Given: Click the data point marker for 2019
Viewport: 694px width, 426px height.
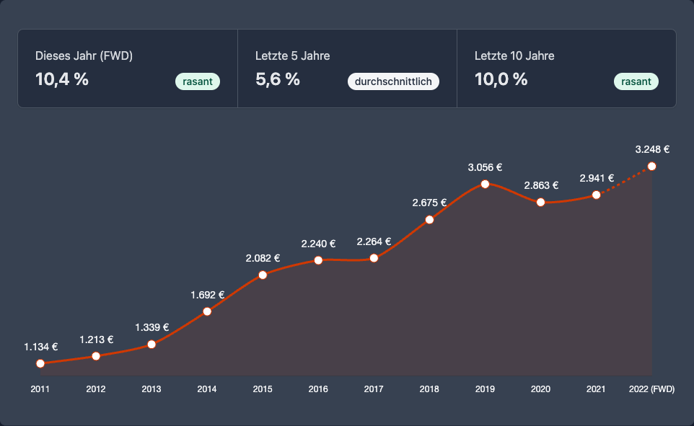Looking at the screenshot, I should pos(485,184).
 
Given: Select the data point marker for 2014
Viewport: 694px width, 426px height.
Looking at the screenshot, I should pos(207,311).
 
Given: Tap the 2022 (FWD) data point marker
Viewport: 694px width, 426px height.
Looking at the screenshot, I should pos(652,167).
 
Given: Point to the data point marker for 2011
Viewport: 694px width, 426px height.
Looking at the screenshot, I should pos(40,363).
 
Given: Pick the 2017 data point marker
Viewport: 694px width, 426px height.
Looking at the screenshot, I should pos(374,258).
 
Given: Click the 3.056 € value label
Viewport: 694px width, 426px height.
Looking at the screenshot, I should pos(485,167).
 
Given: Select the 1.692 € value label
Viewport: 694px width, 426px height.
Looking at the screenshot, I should pos(207,295).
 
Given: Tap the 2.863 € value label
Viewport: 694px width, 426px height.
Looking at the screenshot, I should pos(540,185).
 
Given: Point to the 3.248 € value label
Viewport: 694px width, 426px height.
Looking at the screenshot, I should pos(652,150).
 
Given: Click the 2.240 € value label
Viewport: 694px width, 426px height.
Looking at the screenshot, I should pos(318,244).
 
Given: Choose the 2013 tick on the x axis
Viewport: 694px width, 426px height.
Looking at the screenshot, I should pos(151,389).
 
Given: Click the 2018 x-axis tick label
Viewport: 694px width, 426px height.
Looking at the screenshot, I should pos(429,389).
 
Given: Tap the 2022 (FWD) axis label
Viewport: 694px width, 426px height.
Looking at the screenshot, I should pos(651,389).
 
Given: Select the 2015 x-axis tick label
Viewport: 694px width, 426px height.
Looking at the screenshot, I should pos(263,389).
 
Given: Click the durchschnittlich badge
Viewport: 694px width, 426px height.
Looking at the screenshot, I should pos(393,81).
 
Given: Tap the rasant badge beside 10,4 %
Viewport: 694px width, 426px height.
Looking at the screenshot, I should pos(198,81).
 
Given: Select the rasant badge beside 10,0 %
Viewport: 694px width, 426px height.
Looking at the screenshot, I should pos(636,81).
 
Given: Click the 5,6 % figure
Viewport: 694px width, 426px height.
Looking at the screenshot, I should pos(278,79).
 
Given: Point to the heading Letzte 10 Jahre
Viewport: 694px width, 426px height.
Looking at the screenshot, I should pos(514,56).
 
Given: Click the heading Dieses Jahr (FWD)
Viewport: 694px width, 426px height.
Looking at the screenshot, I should pos(84,56).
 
